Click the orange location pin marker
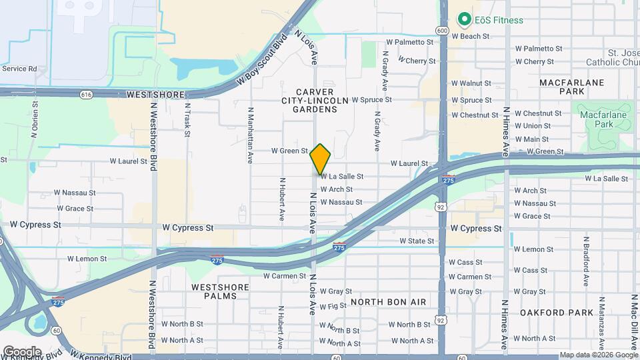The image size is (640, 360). point(321,159)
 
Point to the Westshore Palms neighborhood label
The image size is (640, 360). point(220,291)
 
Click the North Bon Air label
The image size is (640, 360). point(388,302)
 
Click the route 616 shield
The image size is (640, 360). point(86,95)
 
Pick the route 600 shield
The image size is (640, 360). point(443,31)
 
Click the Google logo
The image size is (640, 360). point(22,351)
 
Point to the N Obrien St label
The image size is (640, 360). point(34,120)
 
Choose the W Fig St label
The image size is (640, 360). point(333,306)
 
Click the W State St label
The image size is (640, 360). point(417,241)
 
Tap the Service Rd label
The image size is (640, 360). point(19,68)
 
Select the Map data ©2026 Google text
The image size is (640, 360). point(599,355)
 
